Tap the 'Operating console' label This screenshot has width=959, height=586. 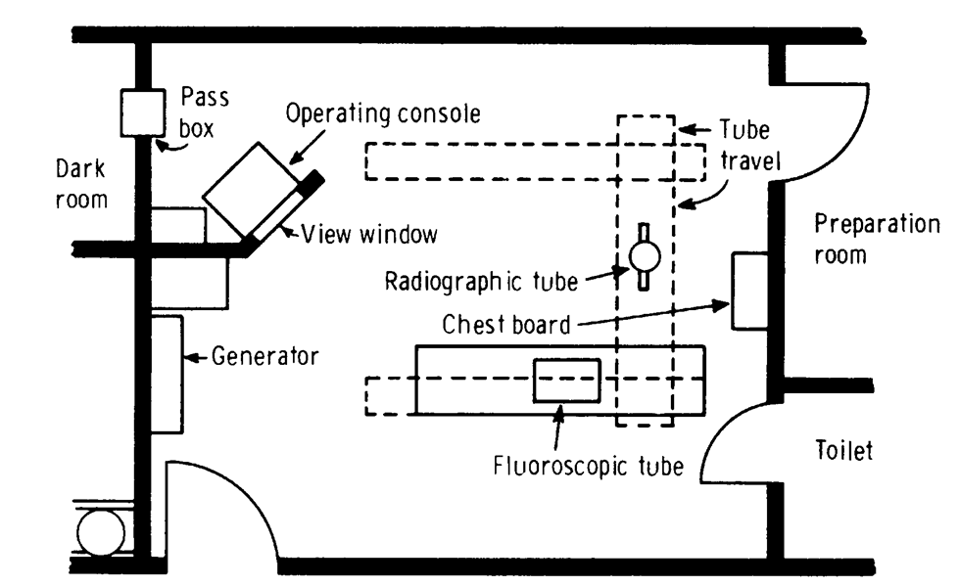(383, 113)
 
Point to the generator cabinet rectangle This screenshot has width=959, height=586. (167, 375)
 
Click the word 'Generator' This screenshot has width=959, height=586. (265, 356)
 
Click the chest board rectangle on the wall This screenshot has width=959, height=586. (748, 291)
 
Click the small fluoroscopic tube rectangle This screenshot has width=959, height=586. (566, 380)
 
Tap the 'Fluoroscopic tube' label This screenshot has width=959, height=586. (588, 466)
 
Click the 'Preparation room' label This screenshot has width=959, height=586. (877, 239)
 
